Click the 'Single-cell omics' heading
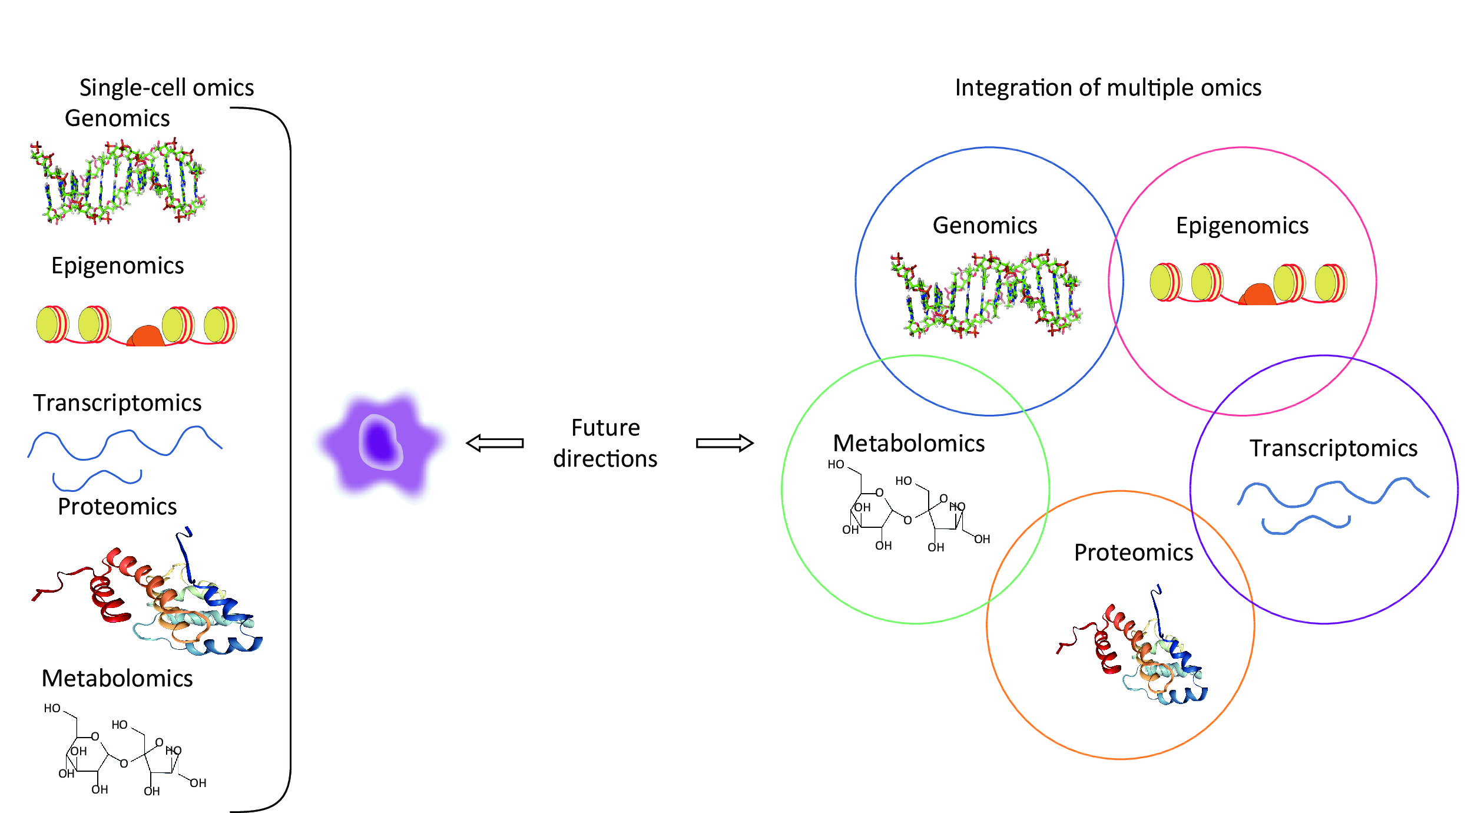tap(167, 88)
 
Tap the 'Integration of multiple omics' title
tap(1108, 88)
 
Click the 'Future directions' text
tap(605, 443)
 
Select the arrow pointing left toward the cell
tap(495, 443)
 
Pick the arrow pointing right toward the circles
tap(724, 443)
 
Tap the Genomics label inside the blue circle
tap(985, 226)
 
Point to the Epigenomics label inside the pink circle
tap(1242, 226)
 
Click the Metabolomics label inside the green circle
tap(909, 443)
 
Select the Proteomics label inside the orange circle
tap(1134, 553)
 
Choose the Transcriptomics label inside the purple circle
tap(1334, 448)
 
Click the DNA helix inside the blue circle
tap(986, 295)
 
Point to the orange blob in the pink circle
tap(1258, 295)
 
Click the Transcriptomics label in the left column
tap(117, 403)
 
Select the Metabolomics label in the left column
tap(117, 679)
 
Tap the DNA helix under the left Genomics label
tap(118, 181)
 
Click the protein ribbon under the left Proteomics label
tap(147, 595)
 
